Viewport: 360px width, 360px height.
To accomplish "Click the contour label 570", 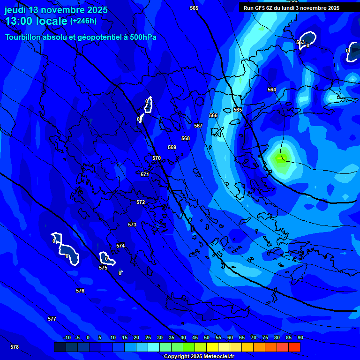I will [x=157, y=158].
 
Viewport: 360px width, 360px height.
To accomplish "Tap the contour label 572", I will [x=141, y=202].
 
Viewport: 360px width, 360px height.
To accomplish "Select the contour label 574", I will [x=120, y=246].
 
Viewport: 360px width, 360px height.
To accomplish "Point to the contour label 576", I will [x=80, y=291].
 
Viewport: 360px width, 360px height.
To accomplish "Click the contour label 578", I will [x=15, y=347].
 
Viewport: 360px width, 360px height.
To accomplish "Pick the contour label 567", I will [x=198, y=126].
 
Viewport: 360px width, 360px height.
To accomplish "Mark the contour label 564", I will [x=272, y=90].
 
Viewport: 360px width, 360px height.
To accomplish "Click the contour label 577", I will [x=52, y=319].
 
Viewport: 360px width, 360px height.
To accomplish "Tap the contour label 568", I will [x=186, y=138].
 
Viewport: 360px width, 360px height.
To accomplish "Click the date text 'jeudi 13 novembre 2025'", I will [x=56, y=10].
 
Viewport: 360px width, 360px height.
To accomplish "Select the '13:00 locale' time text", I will [x=36, y=21].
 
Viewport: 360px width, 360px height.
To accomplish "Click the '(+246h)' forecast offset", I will [x=83, y=21].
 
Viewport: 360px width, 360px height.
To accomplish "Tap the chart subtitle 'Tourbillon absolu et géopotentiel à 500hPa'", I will [x=81, y=37].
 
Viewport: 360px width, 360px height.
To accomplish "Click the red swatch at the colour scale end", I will [x=294, y=347].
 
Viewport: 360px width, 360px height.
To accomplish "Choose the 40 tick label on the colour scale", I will [x=183, y=337].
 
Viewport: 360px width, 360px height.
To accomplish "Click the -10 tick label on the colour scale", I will [x=67, y=337].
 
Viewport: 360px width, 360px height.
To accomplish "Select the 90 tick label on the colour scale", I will [x=300, y=337].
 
